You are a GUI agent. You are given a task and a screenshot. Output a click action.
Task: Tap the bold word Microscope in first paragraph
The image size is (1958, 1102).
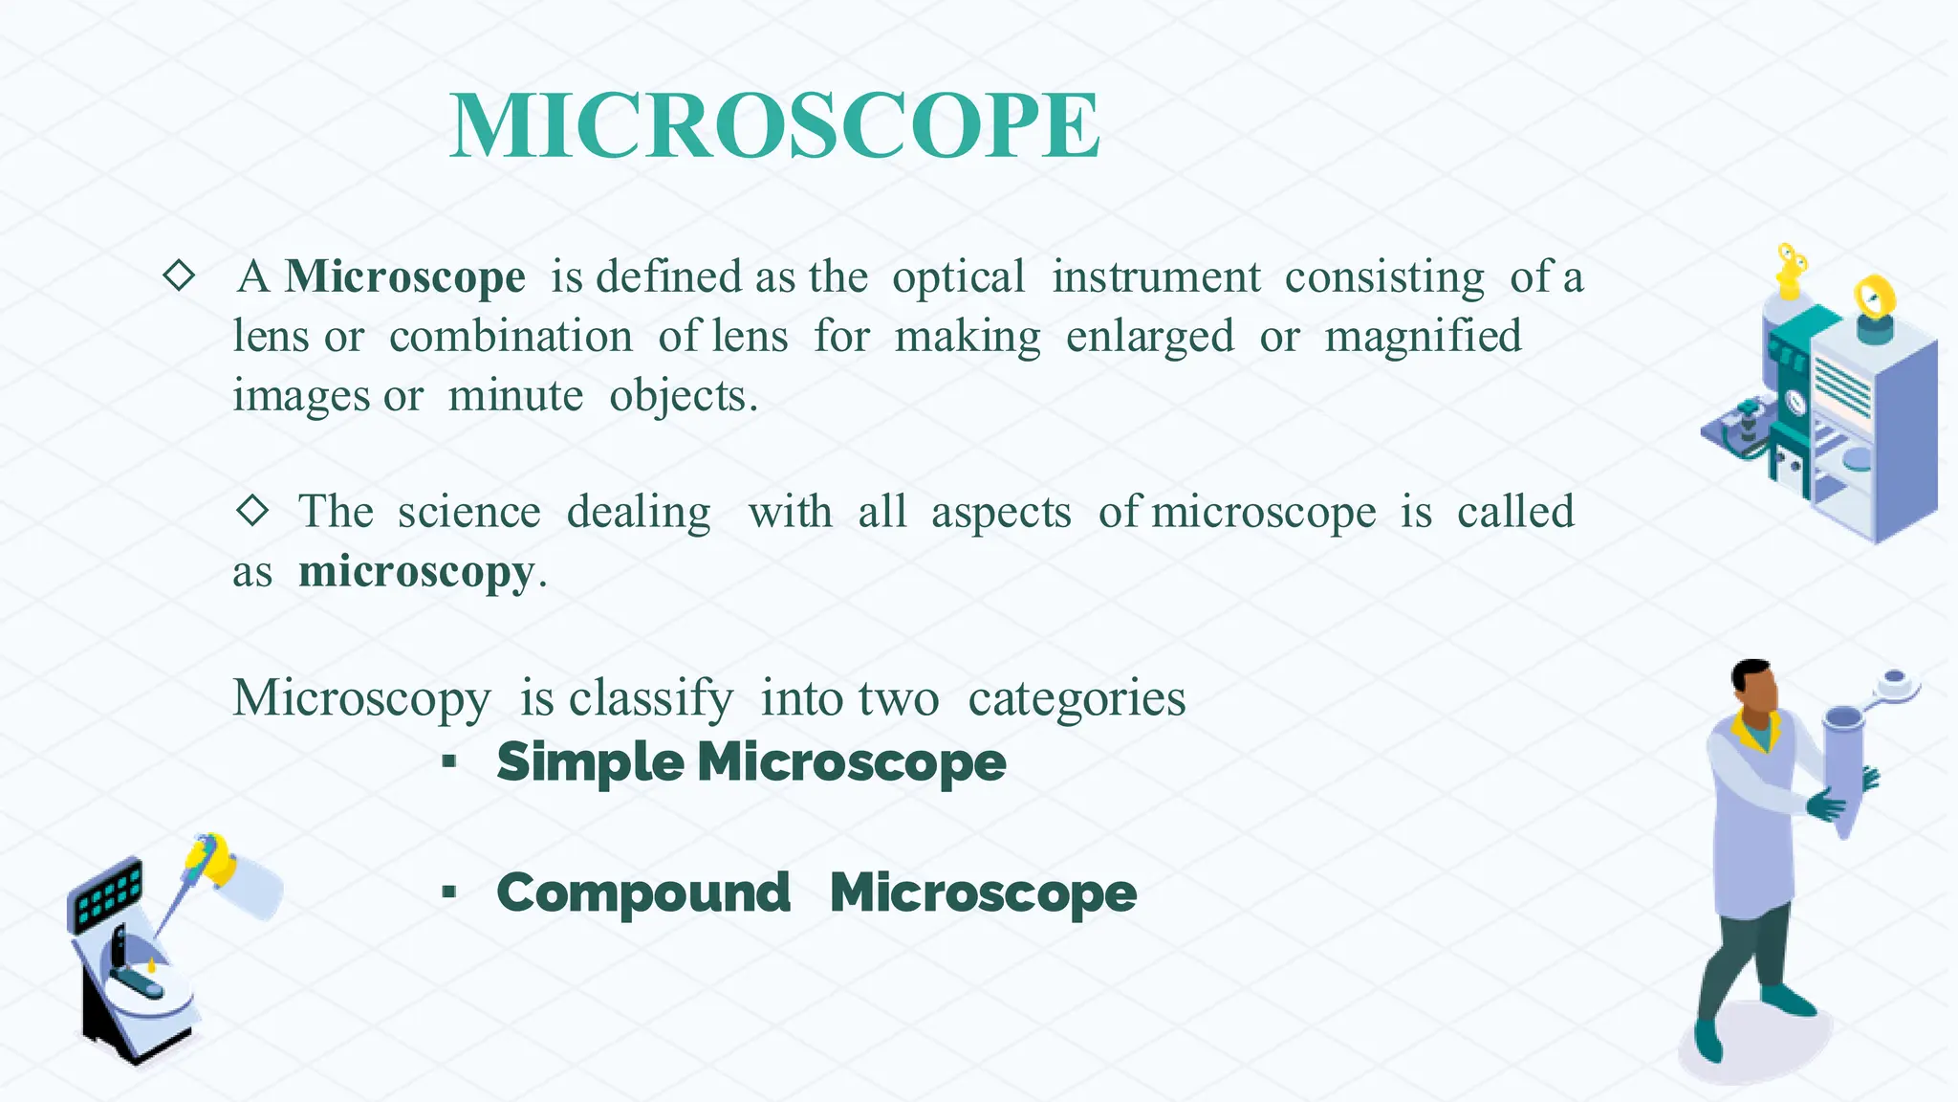[x=404, y=277]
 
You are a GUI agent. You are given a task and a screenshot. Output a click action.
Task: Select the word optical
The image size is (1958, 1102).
[x=958, y=278]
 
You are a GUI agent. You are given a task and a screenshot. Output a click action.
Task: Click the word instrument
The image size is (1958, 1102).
[x=1156, y=277]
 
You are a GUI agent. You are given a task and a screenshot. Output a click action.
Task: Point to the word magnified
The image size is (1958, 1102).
[x=1423, y=338]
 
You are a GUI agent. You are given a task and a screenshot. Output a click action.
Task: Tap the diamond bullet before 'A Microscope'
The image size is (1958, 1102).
[x=179, y=276]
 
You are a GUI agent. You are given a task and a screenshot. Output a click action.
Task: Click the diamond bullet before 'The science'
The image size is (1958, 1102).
[x=252, y=510]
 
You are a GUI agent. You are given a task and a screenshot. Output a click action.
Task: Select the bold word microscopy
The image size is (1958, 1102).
[x=416, y=573]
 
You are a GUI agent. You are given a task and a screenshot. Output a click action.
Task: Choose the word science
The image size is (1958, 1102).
[x=468, y=512]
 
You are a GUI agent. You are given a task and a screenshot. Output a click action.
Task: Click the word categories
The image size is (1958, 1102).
[x=1077, y=698]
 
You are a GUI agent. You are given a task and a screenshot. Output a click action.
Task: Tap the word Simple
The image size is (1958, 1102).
[x=590, y=762]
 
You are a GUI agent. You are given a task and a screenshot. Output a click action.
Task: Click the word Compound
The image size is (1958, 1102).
[x=643, y=893]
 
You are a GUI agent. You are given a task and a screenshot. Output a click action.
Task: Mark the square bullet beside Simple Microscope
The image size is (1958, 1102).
[x=448, y=762]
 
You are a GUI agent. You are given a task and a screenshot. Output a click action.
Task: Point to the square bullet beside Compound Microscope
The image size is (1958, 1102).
[x=448, y=893]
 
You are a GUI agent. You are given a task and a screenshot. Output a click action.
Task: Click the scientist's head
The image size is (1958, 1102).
[x=1754, y=686]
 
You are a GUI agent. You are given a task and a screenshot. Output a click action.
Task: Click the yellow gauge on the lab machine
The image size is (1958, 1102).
[x=1874, y=298]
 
